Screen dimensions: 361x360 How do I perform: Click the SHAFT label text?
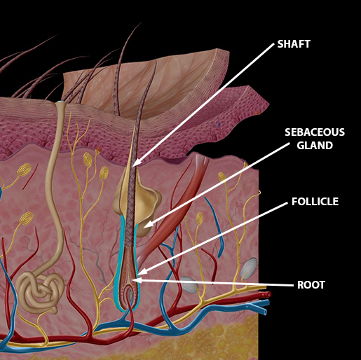294,44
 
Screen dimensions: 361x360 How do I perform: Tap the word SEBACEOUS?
315,132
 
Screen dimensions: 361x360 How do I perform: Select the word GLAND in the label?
315,146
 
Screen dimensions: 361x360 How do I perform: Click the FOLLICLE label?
315,202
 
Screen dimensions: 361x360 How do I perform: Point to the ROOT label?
311,285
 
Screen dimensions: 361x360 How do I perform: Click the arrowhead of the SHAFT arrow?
136,162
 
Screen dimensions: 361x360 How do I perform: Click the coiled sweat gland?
40,291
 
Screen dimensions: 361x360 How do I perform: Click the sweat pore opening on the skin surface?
60,102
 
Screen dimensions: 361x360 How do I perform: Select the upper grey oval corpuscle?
249,268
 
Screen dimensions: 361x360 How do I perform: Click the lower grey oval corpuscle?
189,285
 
